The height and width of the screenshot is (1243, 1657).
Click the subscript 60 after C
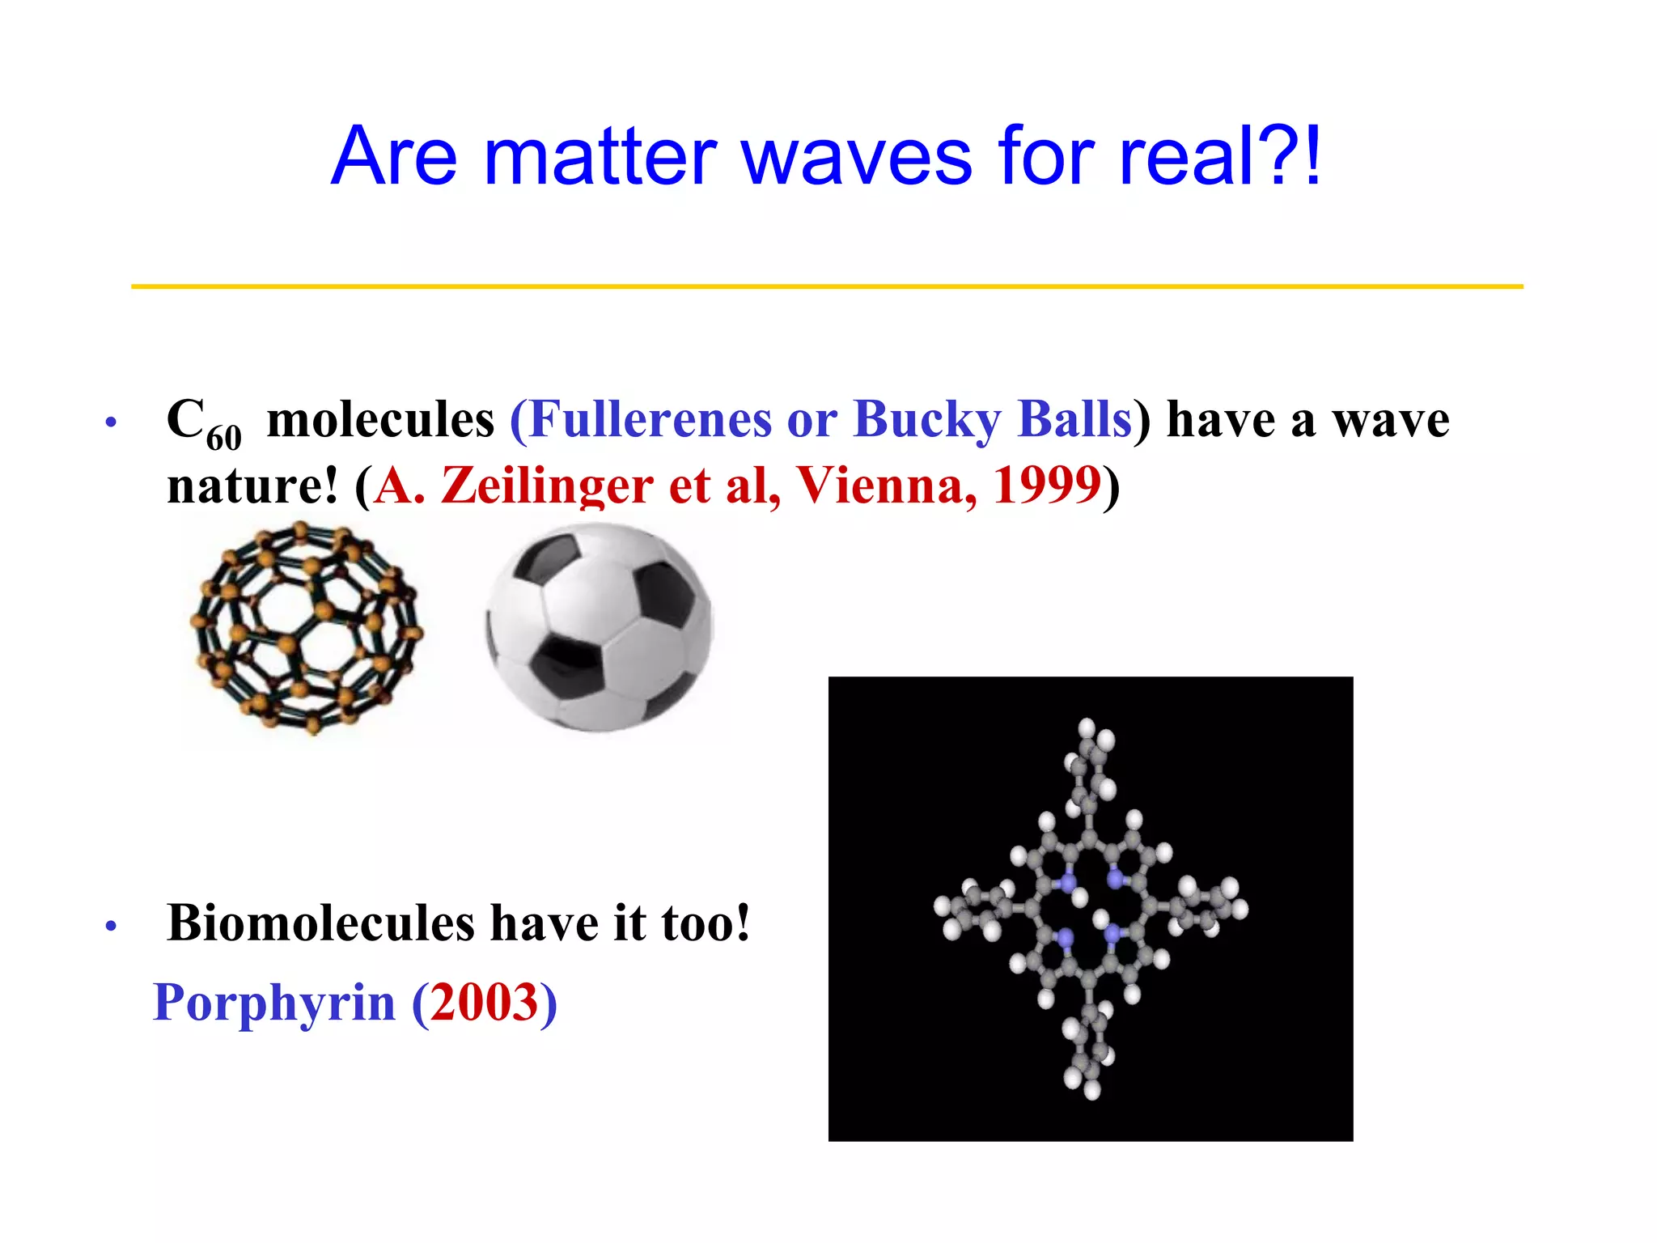pyautogui.click(x=224, y=438)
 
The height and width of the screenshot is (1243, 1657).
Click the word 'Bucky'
pyautogui.click(x=927, y=419)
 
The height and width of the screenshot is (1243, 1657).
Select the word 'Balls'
pyautogui.click(x=1075, y=419)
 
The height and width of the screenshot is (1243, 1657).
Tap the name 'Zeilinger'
pyautogui.click(x=547, y=486)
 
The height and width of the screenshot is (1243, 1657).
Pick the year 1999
pyautogui.click(x=1047, y=486)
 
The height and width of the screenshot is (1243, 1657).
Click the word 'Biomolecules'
pyautogui.click(x=320, y=923)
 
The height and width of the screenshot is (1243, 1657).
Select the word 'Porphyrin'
pyautogui.click(x=274, y=1002)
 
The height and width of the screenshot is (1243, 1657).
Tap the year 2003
pyautogui.click(x=484, y=1002)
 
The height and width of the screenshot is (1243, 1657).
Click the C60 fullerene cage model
pyautogui.click(x=307, y=628)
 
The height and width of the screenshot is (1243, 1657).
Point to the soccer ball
pyautogui.click(x=600, y=628)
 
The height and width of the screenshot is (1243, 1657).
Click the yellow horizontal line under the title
pyautogui.click(x=827, y=286)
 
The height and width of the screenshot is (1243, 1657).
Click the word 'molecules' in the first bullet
pyautogui.click(x=380, y=419)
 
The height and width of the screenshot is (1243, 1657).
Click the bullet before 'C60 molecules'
pyautogui.click(x=111, y=422)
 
